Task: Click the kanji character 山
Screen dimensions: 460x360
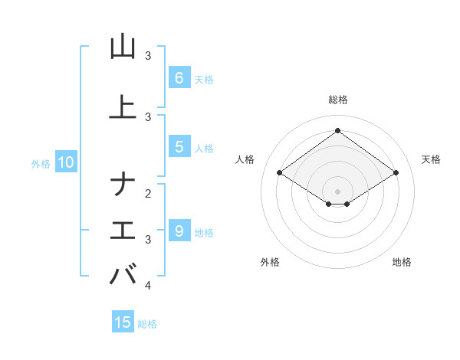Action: point(123,47)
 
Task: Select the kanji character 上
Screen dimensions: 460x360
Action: point(123,107)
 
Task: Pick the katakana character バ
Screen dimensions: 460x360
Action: point(123,274)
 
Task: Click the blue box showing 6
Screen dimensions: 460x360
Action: point(179,78)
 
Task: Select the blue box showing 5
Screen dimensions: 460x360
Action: point(179,147)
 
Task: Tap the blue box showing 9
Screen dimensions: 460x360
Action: point(179,231)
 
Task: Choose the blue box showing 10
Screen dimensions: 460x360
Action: point(65,162)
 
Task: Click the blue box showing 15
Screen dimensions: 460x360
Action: point(123,322)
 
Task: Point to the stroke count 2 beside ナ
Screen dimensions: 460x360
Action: point(148,193)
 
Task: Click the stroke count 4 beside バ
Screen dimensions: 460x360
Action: point(148,286)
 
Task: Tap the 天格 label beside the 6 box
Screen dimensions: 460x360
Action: point(204,79)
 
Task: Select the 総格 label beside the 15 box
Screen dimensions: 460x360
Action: point(147,324)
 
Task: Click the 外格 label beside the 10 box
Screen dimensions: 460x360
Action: point(41,163)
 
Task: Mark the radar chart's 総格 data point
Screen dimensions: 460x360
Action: point(337,130)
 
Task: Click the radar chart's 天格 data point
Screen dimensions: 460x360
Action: point(396,173)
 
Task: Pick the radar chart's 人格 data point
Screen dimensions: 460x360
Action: point(279,173)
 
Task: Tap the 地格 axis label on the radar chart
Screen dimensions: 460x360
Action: point(402,262)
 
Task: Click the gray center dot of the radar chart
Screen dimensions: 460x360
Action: point(337,191)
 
